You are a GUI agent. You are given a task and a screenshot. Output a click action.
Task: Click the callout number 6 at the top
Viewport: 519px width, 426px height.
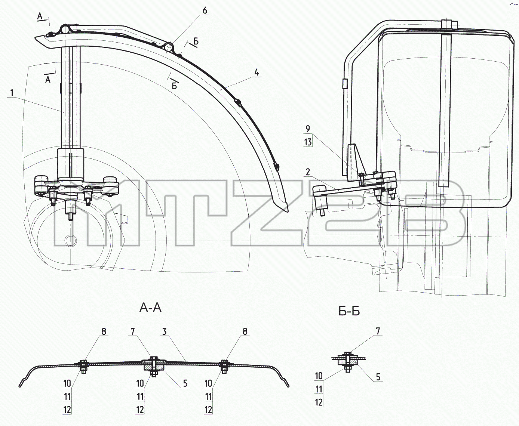click(205, 10)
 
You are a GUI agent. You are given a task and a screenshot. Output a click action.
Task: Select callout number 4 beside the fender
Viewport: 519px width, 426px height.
click(257, 72)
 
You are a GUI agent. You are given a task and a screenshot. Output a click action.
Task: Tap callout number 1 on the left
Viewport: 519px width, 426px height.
click(12, 93)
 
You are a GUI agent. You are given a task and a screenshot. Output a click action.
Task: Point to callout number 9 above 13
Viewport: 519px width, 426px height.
click(308, 129)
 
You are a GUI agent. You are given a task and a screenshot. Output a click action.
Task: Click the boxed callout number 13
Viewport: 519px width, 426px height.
click(308, 142)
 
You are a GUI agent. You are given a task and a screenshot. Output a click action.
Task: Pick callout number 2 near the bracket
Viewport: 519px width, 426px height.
click(308, 172)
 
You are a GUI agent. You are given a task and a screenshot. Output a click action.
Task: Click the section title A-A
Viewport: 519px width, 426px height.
click(150, 308)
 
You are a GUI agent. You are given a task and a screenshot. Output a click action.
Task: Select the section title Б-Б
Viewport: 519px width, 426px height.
click(349, 311)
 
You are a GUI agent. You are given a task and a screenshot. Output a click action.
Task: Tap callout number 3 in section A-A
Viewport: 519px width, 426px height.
click(164, 331)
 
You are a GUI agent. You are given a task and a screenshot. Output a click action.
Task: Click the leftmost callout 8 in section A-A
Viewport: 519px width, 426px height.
click(104, 331)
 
